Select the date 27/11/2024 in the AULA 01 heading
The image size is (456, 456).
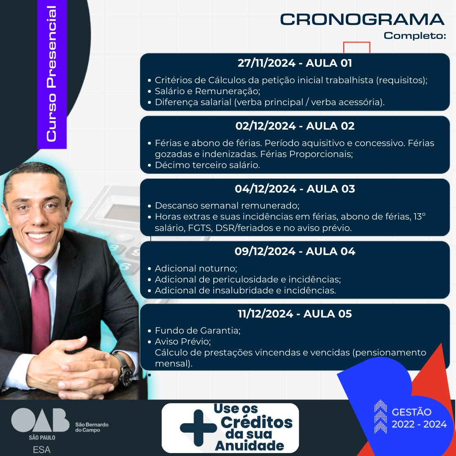[266, 63]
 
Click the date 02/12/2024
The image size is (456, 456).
[266, 126]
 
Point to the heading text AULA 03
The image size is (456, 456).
[331, 189]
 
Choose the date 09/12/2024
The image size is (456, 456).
[265, 251]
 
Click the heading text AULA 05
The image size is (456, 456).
[328, 314]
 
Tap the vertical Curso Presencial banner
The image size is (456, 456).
[52, 74]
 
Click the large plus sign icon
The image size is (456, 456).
[198, 428]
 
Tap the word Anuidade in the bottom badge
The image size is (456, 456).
[250, 445]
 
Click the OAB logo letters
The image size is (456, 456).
[40, 420]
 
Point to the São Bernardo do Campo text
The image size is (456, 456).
[92, 427]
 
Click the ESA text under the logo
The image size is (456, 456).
[41, 450]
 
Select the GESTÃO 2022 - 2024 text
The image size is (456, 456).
[419, 418]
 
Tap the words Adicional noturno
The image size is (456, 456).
[195, 268]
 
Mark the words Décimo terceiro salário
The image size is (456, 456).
[207, 165]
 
